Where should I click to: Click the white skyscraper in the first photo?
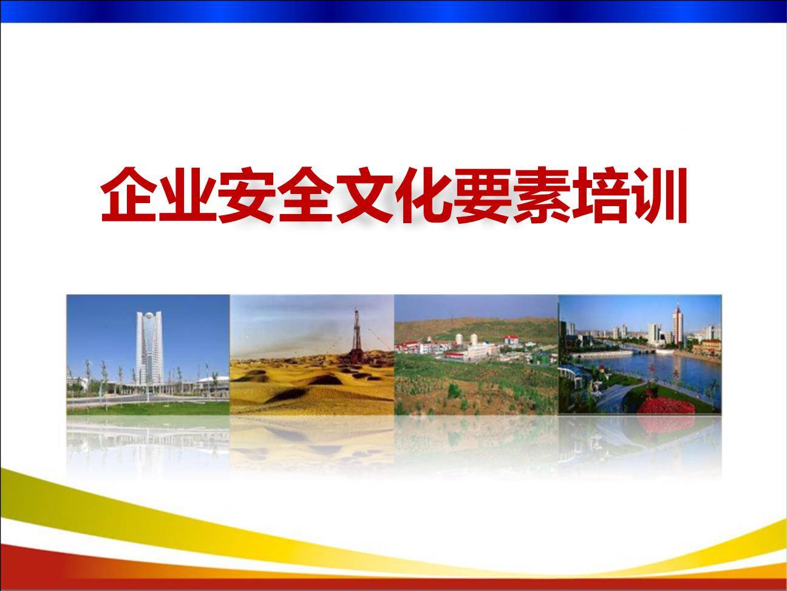[x=149, y=347]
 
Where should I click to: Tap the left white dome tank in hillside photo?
[x=458, y=339]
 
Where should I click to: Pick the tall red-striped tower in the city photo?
[x=678, y=325]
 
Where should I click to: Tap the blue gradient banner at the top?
[x=393, y=11]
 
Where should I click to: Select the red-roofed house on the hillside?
[x=511, y=339]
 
